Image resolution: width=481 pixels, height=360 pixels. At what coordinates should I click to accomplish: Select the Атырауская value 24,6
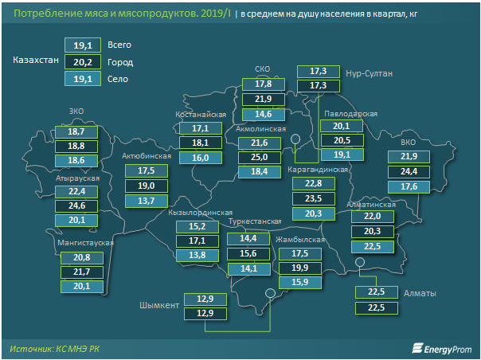tap(77, 205)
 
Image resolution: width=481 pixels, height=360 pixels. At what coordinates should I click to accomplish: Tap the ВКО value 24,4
tap(409, 171)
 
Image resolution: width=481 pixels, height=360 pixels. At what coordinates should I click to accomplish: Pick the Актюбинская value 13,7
tap(146, 201)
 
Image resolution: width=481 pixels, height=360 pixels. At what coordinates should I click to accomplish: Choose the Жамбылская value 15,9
tap(300, 281)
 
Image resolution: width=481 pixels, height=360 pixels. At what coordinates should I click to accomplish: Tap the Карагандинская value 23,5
tap(313, 198)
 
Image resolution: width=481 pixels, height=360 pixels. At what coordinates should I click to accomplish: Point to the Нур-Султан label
tap(370, 73)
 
